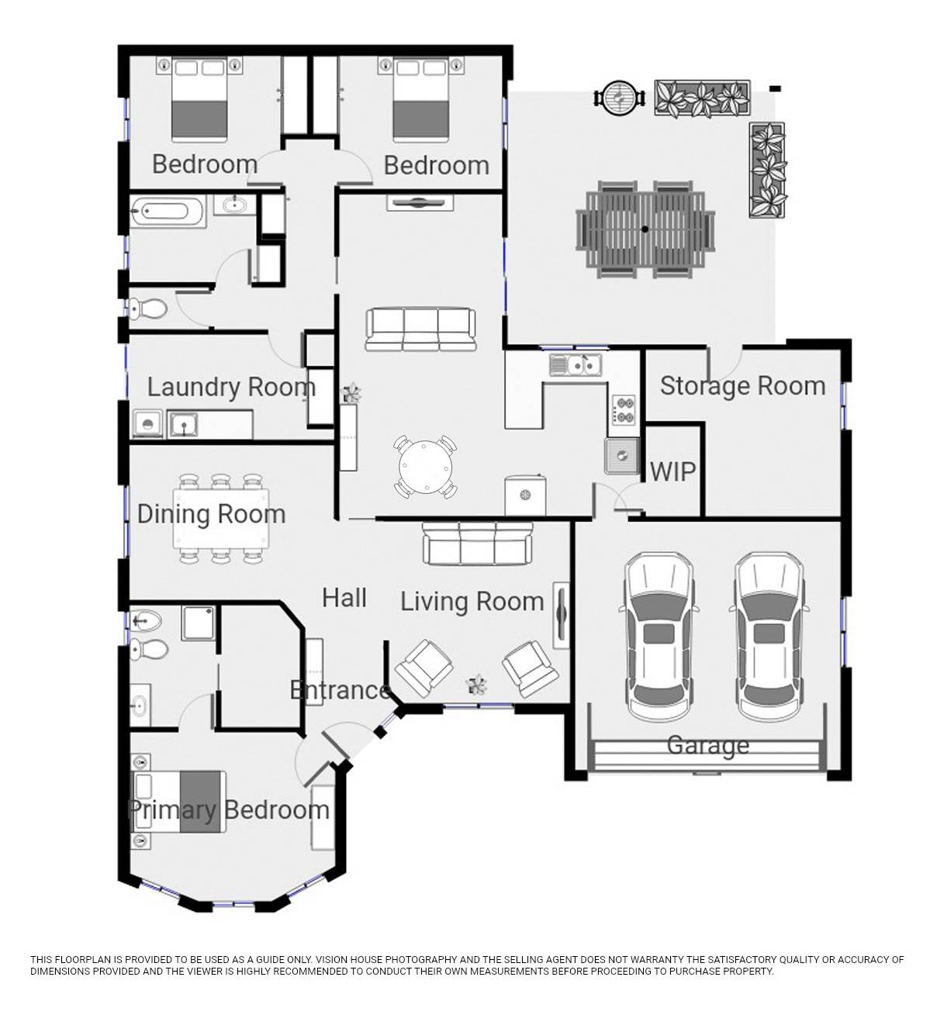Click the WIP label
[672, 471]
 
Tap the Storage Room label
[743, 386]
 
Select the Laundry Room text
[231, 388]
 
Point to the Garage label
[707, 745]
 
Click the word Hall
[344, 598]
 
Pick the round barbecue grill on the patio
[620, 96]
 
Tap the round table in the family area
[425, 467]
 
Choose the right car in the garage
[769, 636]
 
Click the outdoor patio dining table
[645, 230]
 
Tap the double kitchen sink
[576, 364]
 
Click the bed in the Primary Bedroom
[178, 802]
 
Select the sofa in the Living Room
[477, 544]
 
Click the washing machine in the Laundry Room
[148, 424]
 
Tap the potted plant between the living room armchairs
[476, 685]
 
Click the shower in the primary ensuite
[199, 623]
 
